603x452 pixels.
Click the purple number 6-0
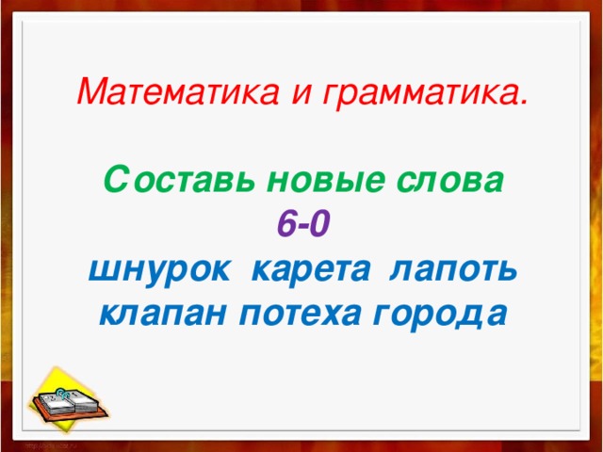click(301, 224)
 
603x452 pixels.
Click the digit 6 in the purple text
click(285, 224)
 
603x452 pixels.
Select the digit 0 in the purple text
click(320, 224)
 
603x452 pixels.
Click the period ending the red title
click(523, 102)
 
